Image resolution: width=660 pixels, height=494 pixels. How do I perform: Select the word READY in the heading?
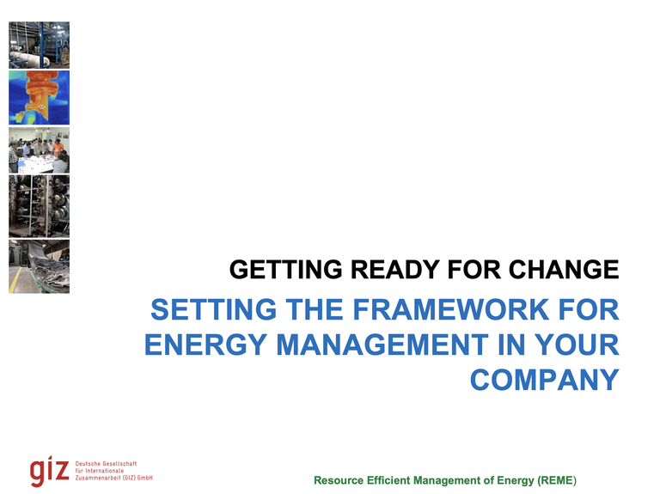tap(383, 271)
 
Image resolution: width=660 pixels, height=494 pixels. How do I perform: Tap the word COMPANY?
tap(545, 379)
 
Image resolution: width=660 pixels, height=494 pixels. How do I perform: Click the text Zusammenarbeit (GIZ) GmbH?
tap(115, 478)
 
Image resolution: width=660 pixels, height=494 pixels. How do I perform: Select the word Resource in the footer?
tap(340, 479)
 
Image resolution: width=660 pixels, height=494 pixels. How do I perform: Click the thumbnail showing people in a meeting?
tap(39, 150)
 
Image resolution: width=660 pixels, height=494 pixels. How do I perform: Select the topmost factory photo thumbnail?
tap(39, 45)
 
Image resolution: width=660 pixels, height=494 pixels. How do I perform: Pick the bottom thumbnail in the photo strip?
tap(39, 266)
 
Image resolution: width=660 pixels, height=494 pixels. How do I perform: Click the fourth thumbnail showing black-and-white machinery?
tap(39, 207)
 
